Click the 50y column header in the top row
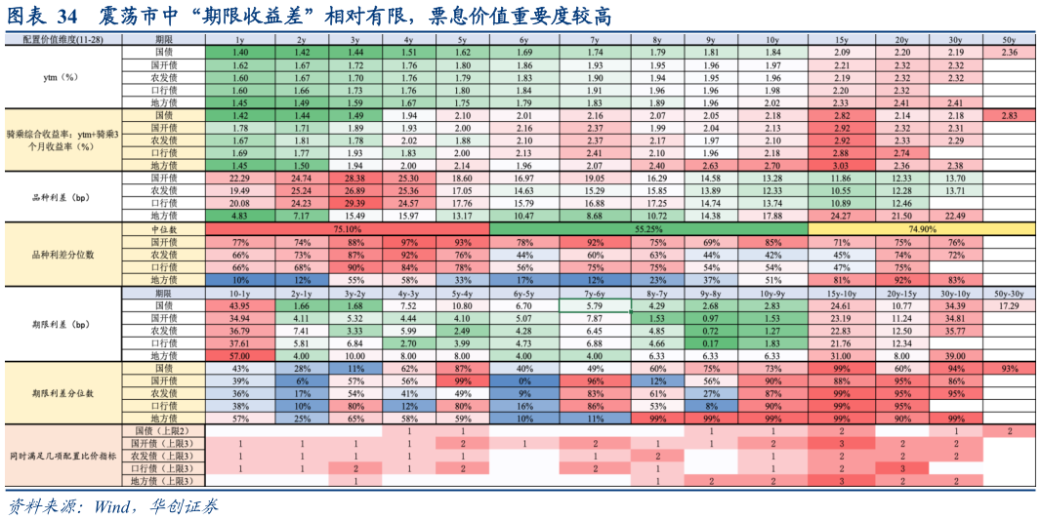[x=1009, y=38]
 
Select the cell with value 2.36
[x=1009, y=52]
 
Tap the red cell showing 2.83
[x=1009, y=115]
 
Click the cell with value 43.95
[x=239, y=305]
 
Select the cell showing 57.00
[x=239, y=356]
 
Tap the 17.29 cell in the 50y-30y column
[x=1009, y=305]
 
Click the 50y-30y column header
[x=1009, y=293]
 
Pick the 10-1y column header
[x=239, y=293]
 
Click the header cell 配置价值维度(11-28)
[x=61, y=38]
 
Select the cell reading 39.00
[x=955, y=356]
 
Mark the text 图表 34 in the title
[x=45, y=17]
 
